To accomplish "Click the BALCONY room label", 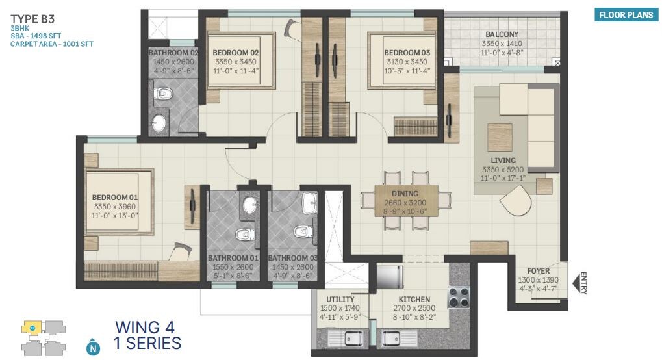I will [x=502, y=34].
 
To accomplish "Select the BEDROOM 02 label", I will [x=236, y=53].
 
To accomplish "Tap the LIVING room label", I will [x=503, y=161].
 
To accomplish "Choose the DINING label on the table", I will [x=405, y=194].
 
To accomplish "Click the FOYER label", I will [x=539, y=271].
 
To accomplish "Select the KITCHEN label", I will [x=414, y=300].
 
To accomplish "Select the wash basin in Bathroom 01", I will [x=249, y=205].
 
